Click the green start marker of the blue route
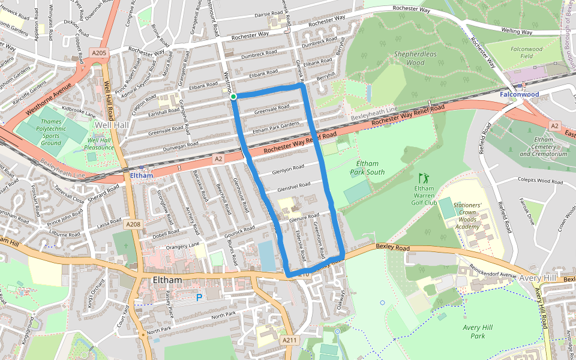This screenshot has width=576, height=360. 233,96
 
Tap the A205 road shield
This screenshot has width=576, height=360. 99,53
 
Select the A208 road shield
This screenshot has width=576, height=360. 133,224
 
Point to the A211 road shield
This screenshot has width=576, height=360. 289,340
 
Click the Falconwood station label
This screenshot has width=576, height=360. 519,94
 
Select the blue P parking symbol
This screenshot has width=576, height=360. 199,298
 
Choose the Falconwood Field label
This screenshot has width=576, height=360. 526,52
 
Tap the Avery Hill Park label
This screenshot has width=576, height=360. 478,331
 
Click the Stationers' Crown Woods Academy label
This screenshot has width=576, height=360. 467,216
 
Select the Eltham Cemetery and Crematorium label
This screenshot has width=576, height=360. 542,146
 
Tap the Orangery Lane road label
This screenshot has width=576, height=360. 183,245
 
